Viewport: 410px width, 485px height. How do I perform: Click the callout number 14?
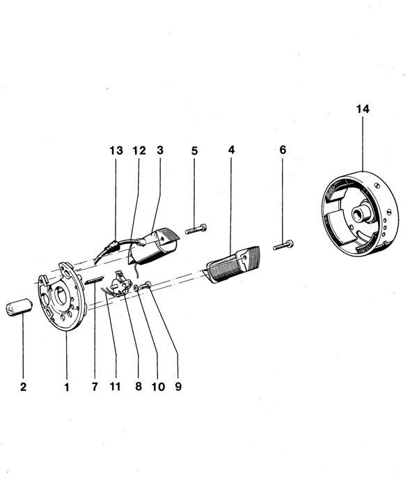point(363,109)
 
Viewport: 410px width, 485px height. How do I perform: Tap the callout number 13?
point(116,151)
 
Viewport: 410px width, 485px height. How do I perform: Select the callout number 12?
point(139,151)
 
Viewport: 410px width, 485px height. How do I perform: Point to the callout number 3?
point(159,151)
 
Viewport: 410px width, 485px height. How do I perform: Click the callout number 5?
point(194,151)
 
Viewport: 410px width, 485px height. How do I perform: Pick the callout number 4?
point(231,150)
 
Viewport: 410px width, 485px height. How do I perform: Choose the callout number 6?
point(283,150)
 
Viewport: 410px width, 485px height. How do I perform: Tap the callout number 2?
point(23,387)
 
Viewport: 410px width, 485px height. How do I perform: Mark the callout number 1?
point(67,387)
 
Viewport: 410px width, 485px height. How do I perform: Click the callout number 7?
point(95,387)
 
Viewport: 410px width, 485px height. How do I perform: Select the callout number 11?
point(115,386)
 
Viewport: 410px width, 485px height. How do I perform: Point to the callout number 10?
point(158,387)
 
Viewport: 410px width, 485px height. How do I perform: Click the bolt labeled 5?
point(196,229)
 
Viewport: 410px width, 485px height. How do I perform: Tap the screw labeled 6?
point(283,245)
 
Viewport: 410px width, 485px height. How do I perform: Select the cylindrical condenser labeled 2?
point(19,307)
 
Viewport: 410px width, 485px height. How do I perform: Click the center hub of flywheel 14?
point(359,214)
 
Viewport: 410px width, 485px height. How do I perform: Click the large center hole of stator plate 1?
point(61,296)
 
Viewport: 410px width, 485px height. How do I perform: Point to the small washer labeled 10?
point(136,288)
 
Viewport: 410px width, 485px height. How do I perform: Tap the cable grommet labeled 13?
point(113,245)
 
